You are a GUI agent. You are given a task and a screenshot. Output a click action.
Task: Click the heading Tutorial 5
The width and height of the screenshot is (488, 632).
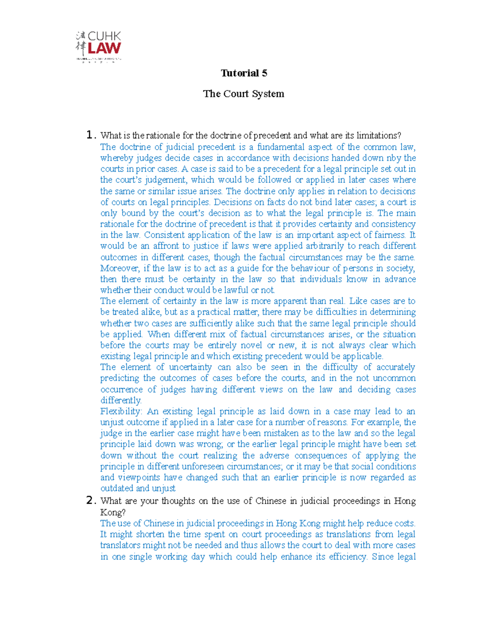[x=244, y=73]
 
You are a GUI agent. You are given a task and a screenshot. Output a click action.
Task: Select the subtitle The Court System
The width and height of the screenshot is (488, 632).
[x=244, y=94]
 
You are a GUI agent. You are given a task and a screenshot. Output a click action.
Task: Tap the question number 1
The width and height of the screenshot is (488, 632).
[x=90, y=135]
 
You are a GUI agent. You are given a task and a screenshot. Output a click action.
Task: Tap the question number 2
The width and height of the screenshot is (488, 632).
[x=90, y=501]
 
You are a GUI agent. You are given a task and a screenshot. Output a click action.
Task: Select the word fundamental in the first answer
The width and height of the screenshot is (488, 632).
[x=281, y=147]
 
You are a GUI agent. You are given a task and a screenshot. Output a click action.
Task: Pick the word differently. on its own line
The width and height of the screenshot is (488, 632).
[x=121, y=400]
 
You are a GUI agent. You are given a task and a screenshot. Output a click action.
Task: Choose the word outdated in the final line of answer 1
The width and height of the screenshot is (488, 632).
[x=117, y=488]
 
